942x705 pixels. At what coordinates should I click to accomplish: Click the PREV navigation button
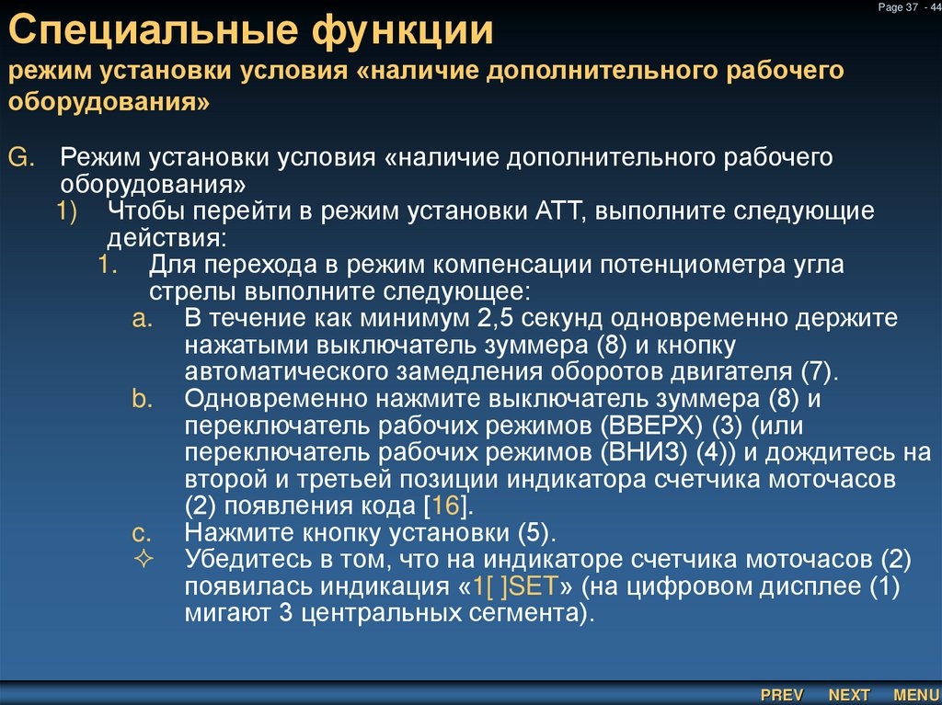782,695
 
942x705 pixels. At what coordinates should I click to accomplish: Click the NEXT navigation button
849,695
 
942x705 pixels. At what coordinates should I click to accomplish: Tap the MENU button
915,695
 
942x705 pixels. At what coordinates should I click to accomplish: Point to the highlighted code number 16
445,506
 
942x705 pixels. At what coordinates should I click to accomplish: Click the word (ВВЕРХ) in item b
653,426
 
